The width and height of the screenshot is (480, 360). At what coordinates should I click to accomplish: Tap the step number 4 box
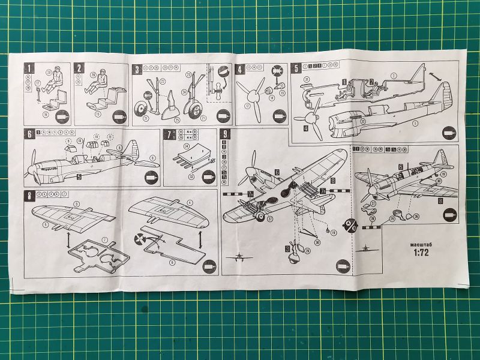[x=240, y=69]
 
